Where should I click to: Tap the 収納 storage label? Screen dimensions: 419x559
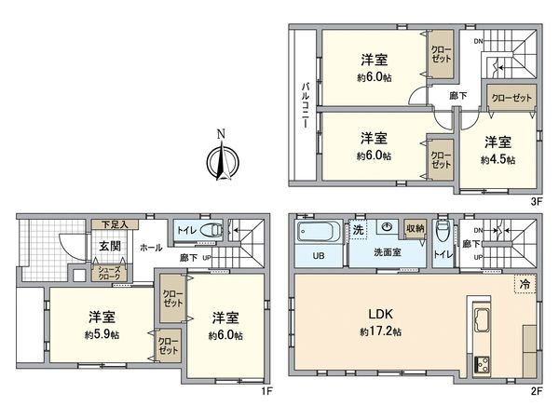(x=415, y=228)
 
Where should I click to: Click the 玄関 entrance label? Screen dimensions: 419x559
(x=109, y=246)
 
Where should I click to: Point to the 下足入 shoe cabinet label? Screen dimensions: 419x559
(x=113, y=224)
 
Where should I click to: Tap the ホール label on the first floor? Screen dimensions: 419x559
(x=149, y=248)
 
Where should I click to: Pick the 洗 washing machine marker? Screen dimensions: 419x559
(x=358, y=229)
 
